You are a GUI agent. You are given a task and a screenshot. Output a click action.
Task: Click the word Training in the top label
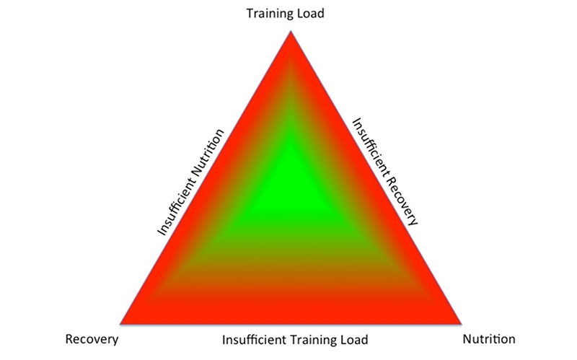pyautogui.click(x=271, y=14)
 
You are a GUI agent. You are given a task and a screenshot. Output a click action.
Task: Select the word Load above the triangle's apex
pyautogui.click(x=312, y=13)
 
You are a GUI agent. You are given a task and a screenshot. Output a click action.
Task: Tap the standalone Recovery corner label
pyautogui.click(x=92, y=339)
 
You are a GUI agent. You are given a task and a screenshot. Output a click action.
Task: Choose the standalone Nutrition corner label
pyautogui.click(x=489, y=338)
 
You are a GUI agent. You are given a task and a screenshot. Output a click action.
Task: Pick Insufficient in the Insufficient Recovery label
pyautogui.click(x=372, y=146)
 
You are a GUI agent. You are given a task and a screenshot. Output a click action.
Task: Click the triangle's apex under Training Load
pyautogui.click(x=291, y=32)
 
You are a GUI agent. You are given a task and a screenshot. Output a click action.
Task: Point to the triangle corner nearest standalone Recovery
pyautogui.click(x=120, y=324)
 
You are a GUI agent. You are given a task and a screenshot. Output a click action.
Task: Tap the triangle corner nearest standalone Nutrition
pyautogui.click(x=462, y=324)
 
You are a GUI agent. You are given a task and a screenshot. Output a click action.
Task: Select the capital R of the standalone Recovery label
pyautogui.click(x=69, y=339)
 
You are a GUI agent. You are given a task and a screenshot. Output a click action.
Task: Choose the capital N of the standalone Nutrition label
pyautogui.click(x=467, y=339)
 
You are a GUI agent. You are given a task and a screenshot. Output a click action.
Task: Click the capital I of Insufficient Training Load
pyautogui.click(x=224, y=339)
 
